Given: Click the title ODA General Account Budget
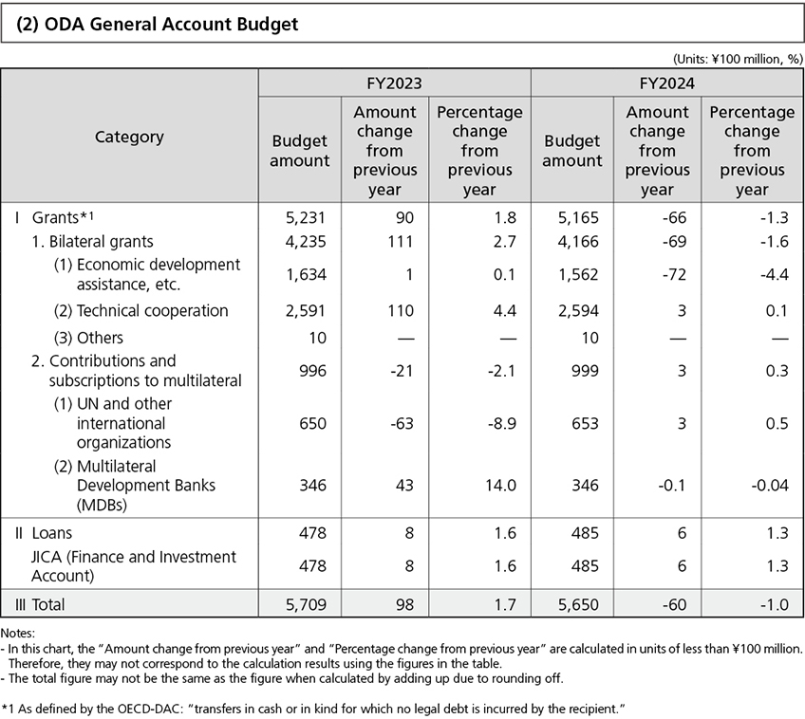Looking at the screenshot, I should tap(158, 25).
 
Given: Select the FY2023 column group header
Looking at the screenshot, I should tap(394, 83).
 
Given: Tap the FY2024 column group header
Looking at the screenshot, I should tap(666, 83).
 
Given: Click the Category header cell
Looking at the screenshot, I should tap(129, 137).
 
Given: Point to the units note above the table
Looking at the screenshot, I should tap(737, 58).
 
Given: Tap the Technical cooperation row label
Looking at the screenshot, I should tap(152, 311).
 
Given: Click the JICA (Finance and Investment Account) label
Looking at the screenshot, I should tap(133, 565).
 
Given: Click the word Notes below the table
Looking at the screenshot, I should tap(18, 633).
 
